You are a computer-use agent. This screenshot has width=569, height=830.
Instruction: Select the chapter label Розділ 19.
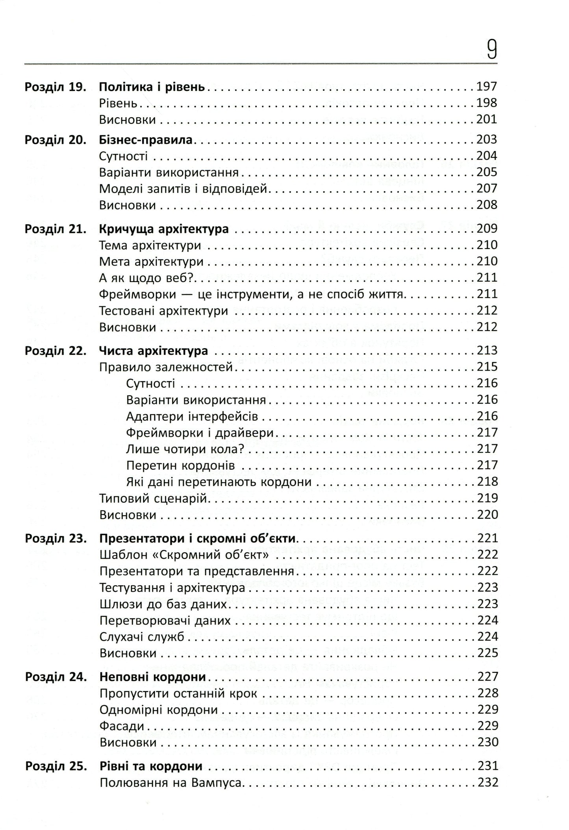55,87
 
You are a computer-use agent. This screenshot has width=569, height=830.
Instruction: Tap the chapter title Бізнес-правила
146,140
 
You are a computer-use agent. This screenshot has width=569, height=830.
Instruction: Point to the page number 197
487,86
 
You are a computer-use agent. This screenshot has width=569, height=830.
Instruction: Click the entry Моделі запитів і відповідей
183,189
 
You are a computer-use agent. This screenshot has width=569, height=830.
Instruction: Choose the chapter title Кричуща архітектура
164,229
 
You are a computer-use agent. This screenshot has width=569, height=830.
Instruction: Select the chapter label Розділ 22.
55,351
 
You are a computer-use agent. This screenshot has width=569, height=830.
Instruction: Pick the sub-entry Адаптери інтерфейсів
192,417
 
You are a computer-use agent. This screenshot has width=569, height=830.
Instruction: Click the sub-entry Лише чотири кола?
185,449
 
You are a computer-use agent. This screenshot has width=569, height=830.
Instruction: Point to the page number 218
487,482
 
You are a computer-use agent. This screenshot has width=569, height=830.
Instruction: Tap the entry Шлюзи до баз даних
163,604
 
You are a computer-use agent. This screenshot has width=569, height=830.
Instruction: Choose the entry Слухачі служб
142,637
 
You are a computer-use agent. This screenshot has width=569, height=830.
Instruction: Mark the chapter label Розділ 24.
56,677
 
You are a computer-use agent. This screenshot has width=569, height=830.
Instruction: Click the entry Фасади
122,726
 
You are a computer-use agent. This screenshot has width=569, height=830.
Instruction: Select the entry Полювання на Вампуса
170,783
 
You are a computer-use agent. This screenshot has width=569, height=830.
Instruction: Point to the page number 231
487,766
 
